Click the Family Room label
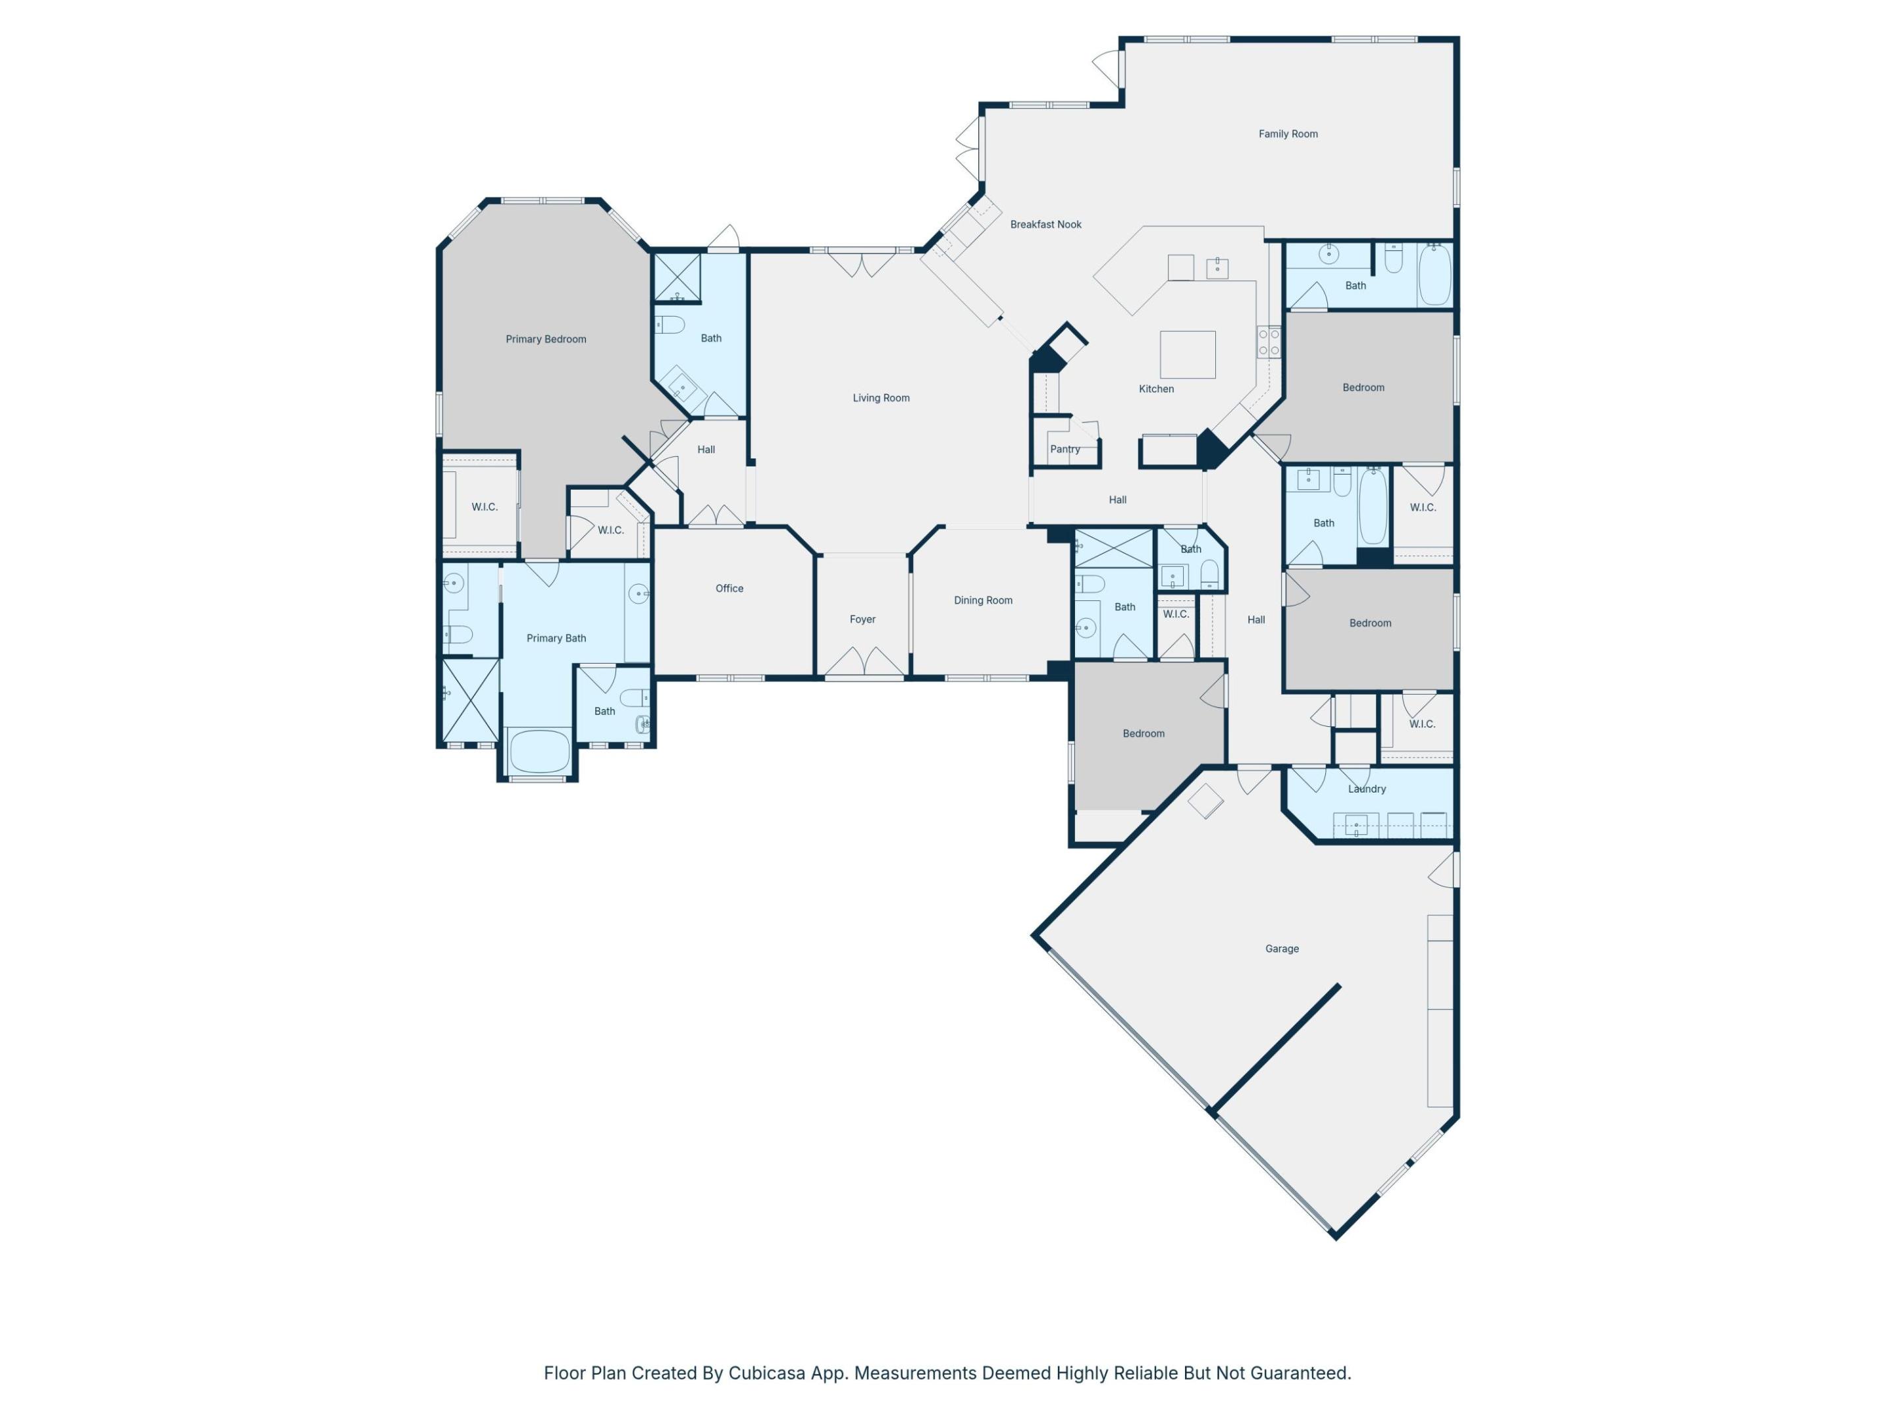click(x=1288, y=134)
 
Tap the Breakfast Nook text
click(x=1045, y=224)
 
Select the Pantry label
click(x=1065, y=449)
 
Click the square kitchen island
click(x=1187, y=355)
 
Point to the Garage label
click(x=1281, y=949)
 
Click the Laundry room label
click(x=1366, y=789)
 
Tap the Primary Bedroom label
click(x=545, y=340)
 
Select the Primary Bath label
click(x=556, y=638)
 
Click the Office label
click(x=729, y=588)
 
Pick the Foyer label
click(x=862, y=619)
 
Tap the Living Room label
click(x=880, y=398)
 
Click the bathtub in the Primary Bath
click(x=539, y=752)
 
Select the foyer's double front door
click(x=863, y=662)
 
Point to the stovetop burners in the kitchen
click(x=1268, y=342)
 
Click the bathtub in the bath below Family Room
click(x=1434, y=275)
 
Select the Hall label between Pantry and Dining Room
click(x=1117, y=500)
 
